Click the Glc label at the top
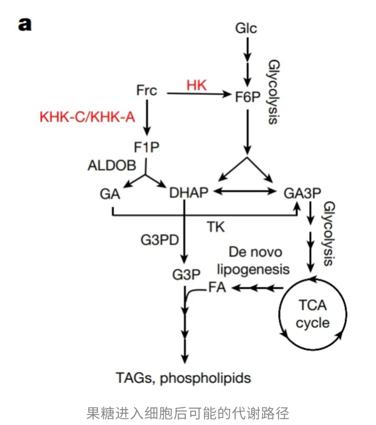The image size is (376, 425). click(x=246, y=28)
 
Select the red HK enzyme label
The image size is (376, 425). click(x=196, y=85)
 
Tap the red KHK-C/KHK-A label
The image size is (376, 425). click(x=87, y=117)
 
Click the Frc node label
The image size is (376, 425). click(x=147, y=90)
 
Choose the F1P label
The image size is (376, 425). click(x=147, y=147)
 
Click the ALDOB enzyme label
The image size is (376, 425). click(x=112, y=165)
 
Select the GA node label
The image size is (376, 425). click(x=110, y=194)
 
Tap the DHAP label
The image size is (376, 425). click(x=189, y=192)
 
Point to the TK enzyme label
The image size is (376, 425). click(x=216, y=227)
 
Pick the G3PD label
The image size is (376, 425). click(x=160, y=240)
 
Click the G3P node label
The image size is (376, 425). click(x=186, y=275)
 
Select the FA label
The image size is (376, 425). click(x=217, y=287)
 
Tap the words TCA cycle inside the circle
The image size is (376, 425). click(x=312, y=314)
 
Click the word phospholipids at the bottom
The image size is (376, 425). click(x=205, y=378)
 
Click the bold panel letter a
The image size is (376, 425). click(x=25, y=24)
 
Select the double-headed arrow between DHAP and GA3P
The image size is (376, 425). click(x=245, y=191)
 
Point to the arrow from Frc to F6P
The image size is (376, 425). click(x=198, y=93)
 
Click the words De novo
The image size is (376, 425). click(x=255, y=252)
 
